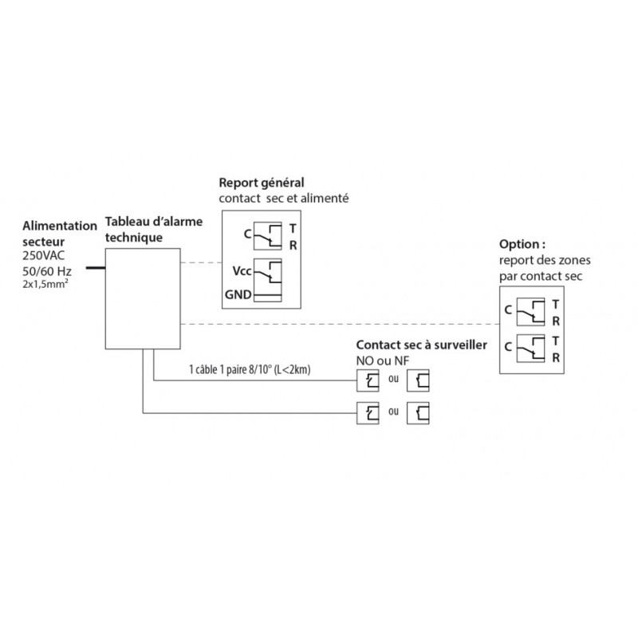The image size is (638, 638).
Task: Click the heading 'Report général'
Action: [x=262, y=182]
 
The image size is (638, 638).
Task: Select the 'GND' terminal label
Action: [x=238, y=296]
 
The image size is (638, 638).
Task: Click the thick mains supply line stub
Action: [x=96, y=269]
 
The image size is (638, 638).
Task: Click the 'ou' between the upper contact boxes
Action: [x=392, y=380]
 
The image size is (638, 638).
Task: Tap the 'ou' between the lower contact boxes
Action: [x=392, y=412]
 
